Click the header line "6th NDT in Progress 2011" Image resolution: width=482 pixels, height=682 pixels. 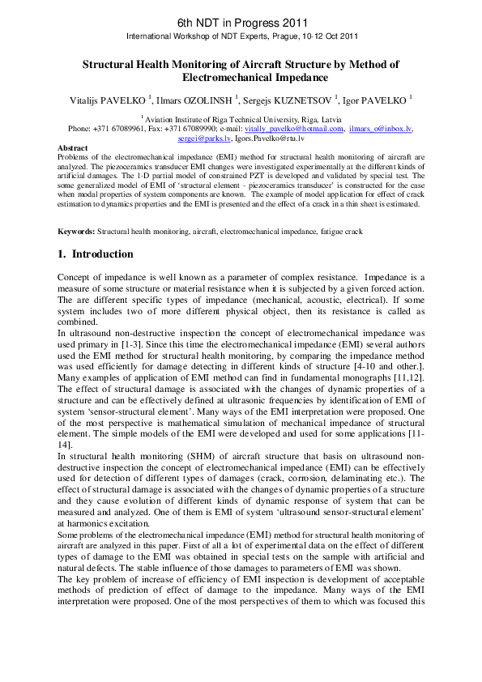click(241, 21)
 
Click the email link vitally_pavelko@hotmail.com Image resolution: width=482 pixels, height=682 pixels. click(293, 129)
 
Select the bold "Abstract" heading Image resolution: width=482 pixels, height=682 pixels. click(73, 148)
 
